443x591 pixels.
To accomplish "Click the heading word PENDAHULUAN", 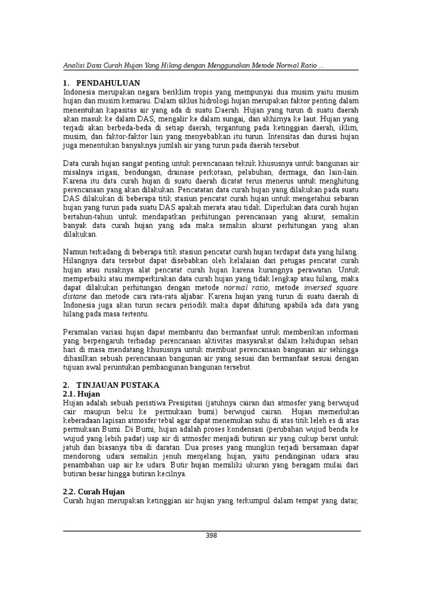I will tap(108, 83).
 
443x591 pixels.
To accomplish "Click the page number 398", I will tap(211, 536).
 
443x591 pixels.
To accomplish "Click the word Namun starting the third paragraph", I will tap(75, 252).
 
